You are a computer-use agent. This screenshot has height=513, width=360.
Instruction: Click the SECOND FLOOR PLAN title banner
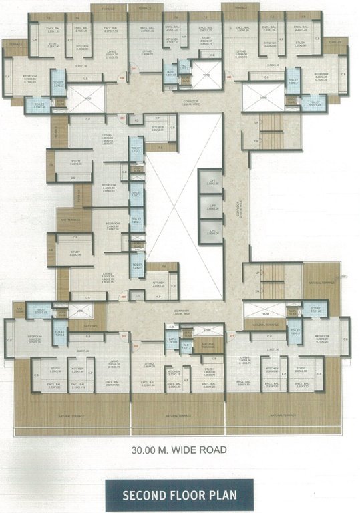pyautogui.click(x=180, y=495)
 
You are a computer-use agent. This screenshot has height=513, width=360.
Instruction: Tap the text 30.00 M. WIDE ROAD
pyautogui.click(x=180, y=450)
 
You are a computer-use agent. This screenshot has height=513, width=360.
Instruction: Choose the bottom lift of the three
pyautogui.click(x=211, y=231)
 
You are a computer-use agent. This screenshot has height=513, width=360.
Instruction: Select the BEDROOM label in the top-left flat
pyautogui.click(x=31, y=75)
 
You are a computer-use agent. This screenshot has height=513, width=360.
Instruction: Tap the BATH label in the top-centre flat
pyautogui.click(x=171, y=71)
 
